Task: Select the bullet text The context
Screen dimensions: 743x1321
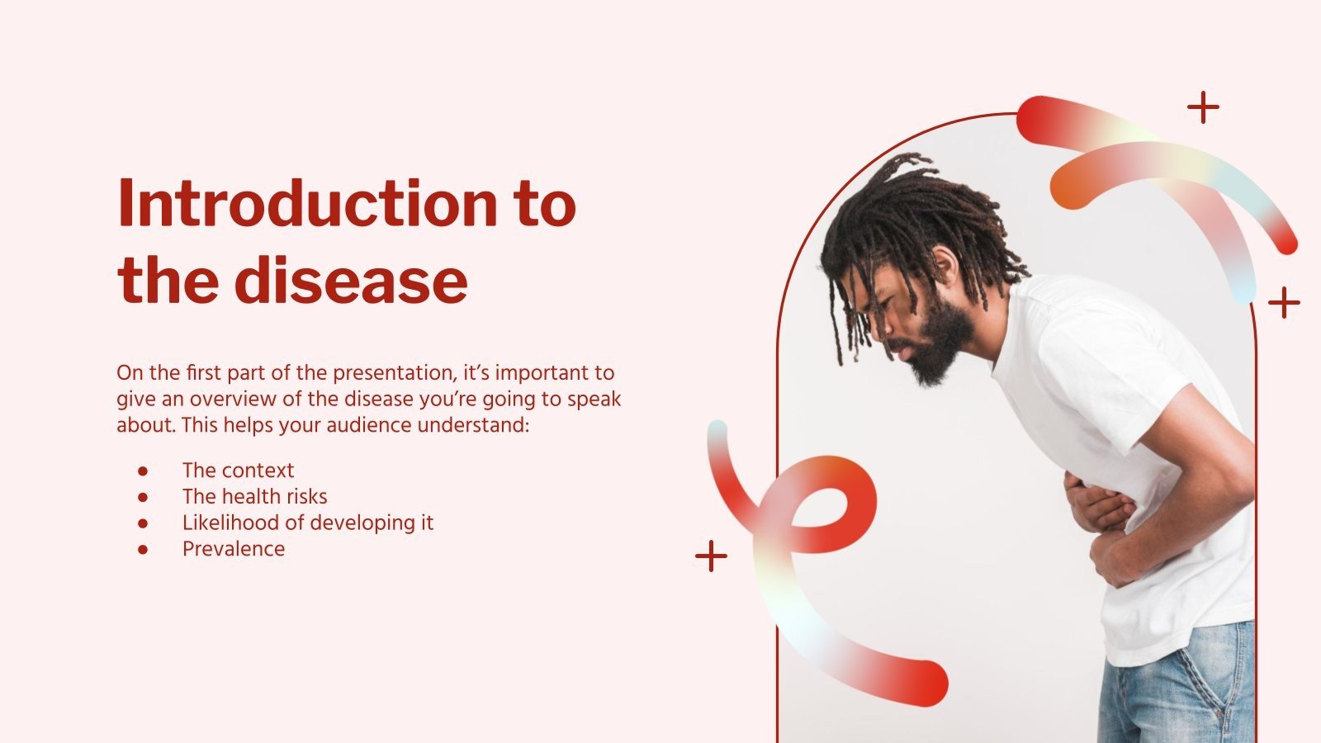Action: tap(238, 471)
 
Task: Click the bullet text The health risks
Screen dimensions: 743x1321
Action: tap(254, 496)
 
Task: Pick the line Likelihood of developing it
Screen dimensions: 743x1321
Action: tap(307, 523)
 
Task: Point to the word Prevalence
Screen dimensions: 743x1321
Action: tap(234, 549)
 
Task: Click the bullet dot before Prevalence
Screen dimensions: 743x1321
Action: tap(143, 549)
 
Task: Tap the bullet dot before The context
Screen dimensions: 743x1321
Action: tap(143, 471)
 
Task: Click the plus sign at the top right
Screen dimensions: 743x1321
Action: tap(1203, 107)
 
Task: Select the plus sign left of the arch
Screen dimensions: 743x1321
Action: tap(711, 556)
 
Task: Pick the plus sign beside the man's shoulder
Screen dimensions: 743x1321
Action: tap(1284, 303)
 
